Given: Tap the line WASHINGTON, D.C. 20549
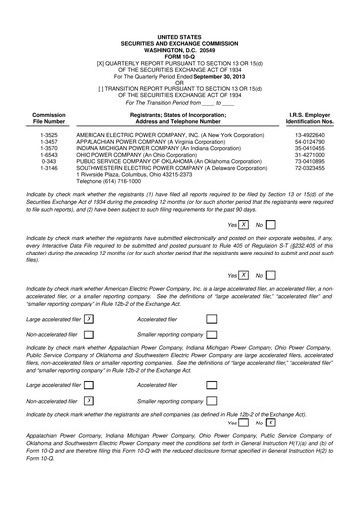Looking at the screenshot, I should pos(179,19).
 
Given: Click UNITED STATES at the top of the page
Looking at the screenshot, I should pos(179,6).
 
